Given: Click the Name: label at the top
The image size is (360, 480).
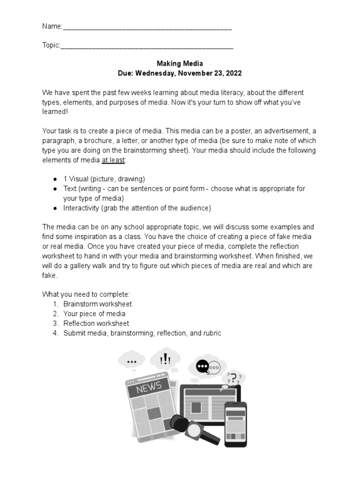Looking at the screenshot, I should (x=52, y=27).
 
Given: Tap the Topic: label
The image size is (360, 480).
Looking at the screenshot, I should (x=51, y=45).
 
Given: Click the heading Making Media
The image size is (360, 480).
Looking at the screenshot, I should (x=180, y=63).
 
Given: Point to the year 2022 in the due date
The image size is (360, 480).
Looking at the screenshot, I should (x=233, y=74).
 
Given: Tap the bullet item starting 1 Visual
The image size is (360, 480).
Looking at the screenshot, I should (x=104, y=179).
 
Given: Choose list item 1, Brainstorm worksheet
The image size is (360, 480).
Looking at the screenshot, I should (x=97, y=304).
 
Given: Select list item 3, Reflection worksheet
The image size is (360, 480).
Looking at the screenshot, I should (x=96, y=323).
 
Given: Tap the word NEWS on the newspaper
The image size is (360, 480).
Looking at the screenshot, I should (x=149, y=387).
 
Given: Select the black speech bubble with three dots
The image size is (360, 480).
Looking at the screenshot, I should (x=202, y=366).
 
